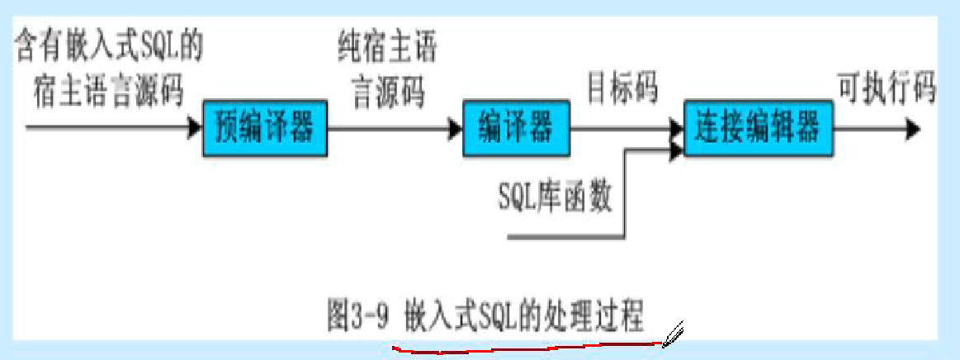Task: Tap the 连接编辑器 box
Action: pyautogui.click(x=756, y=128)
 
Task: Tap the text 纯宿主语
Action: pyautogui.click(x=386, y=51)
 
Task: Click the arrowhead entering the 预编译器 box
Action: pyautogui.click(x=195, y=128)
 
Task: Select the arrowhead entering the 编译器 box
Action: pyautogui.click(x=455, y=128)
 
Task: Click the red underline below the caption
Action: pyautogui.click(x=528, y=350)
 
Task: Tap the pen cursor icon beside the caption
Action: pyautogui.click(x=674, y=333)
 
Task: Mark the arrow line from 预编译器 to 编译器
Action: pyautogui.click(x=388, y=128)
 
